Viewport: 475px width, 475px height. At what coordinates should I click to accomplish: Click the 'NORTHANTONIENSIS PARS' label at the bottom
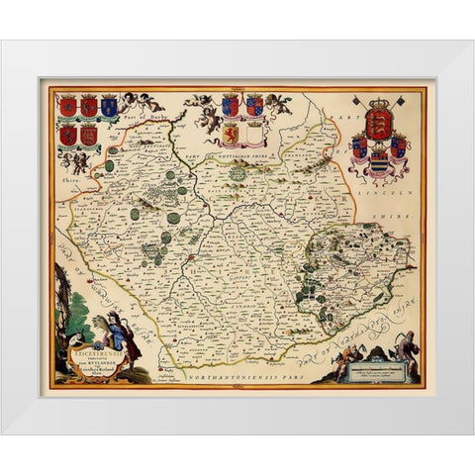pos(231,365)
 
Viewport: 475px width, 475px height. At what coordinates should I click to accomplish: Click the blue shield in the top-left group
pos(109,105)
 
